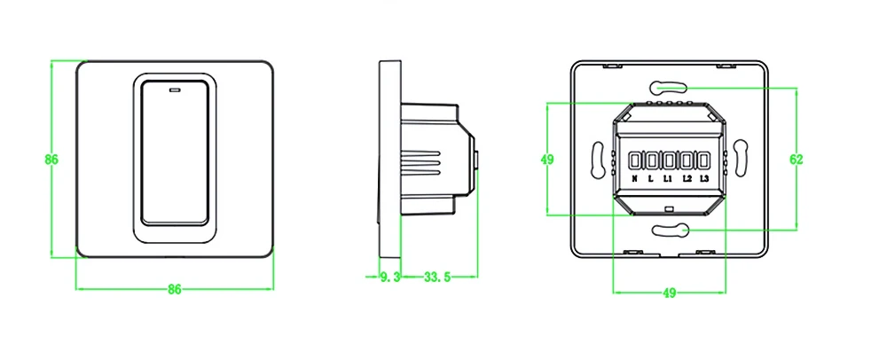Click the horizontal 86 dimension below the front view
[174, 290]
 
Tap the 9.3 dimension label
[390, 278]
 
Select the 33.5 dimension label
[437, 278]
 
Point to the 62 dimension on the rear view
[796, 160]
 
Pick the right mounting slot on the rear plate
[738, 160]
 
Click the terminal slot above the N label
[636, 160]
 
